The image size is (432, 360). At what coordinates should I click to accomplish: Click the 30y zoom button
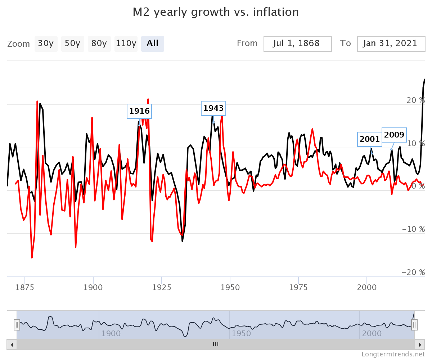46,44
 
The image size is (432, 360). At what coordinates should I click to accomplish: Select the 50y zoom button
72,44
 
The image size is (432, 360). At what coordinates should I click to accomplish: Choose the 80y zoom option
99,44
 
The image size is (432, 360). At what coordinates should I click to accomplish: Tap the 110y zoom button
126,44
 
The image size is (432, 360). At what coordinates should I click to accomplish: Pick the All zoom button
153,44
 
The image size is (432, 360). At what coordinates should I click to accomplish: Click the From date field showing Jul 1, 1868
297,44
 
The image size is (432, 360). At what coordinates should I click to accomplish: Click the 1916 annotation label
139,111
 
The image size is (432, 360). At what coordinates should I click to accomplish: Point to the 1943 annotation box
213,108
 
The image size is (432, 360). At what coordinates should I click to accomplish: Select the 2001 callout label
370,139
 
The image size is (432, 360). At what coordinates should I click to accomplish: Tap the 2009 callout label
394,135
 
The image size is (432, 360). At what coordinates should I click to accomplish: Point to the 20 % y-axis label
416,100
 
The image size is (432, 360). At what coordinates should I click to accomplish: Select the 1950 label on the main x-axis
230,287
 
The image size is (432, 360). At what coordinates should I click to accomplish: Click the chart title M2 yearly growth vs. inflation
216,12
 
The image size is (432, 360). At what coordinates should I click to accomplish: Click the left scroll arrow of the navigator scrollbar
12,345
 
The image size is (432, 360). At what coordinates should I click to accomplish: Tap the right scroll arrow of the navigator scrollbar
419,345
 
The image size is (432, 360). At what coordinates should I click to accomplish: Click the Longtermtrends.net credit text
393,354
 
